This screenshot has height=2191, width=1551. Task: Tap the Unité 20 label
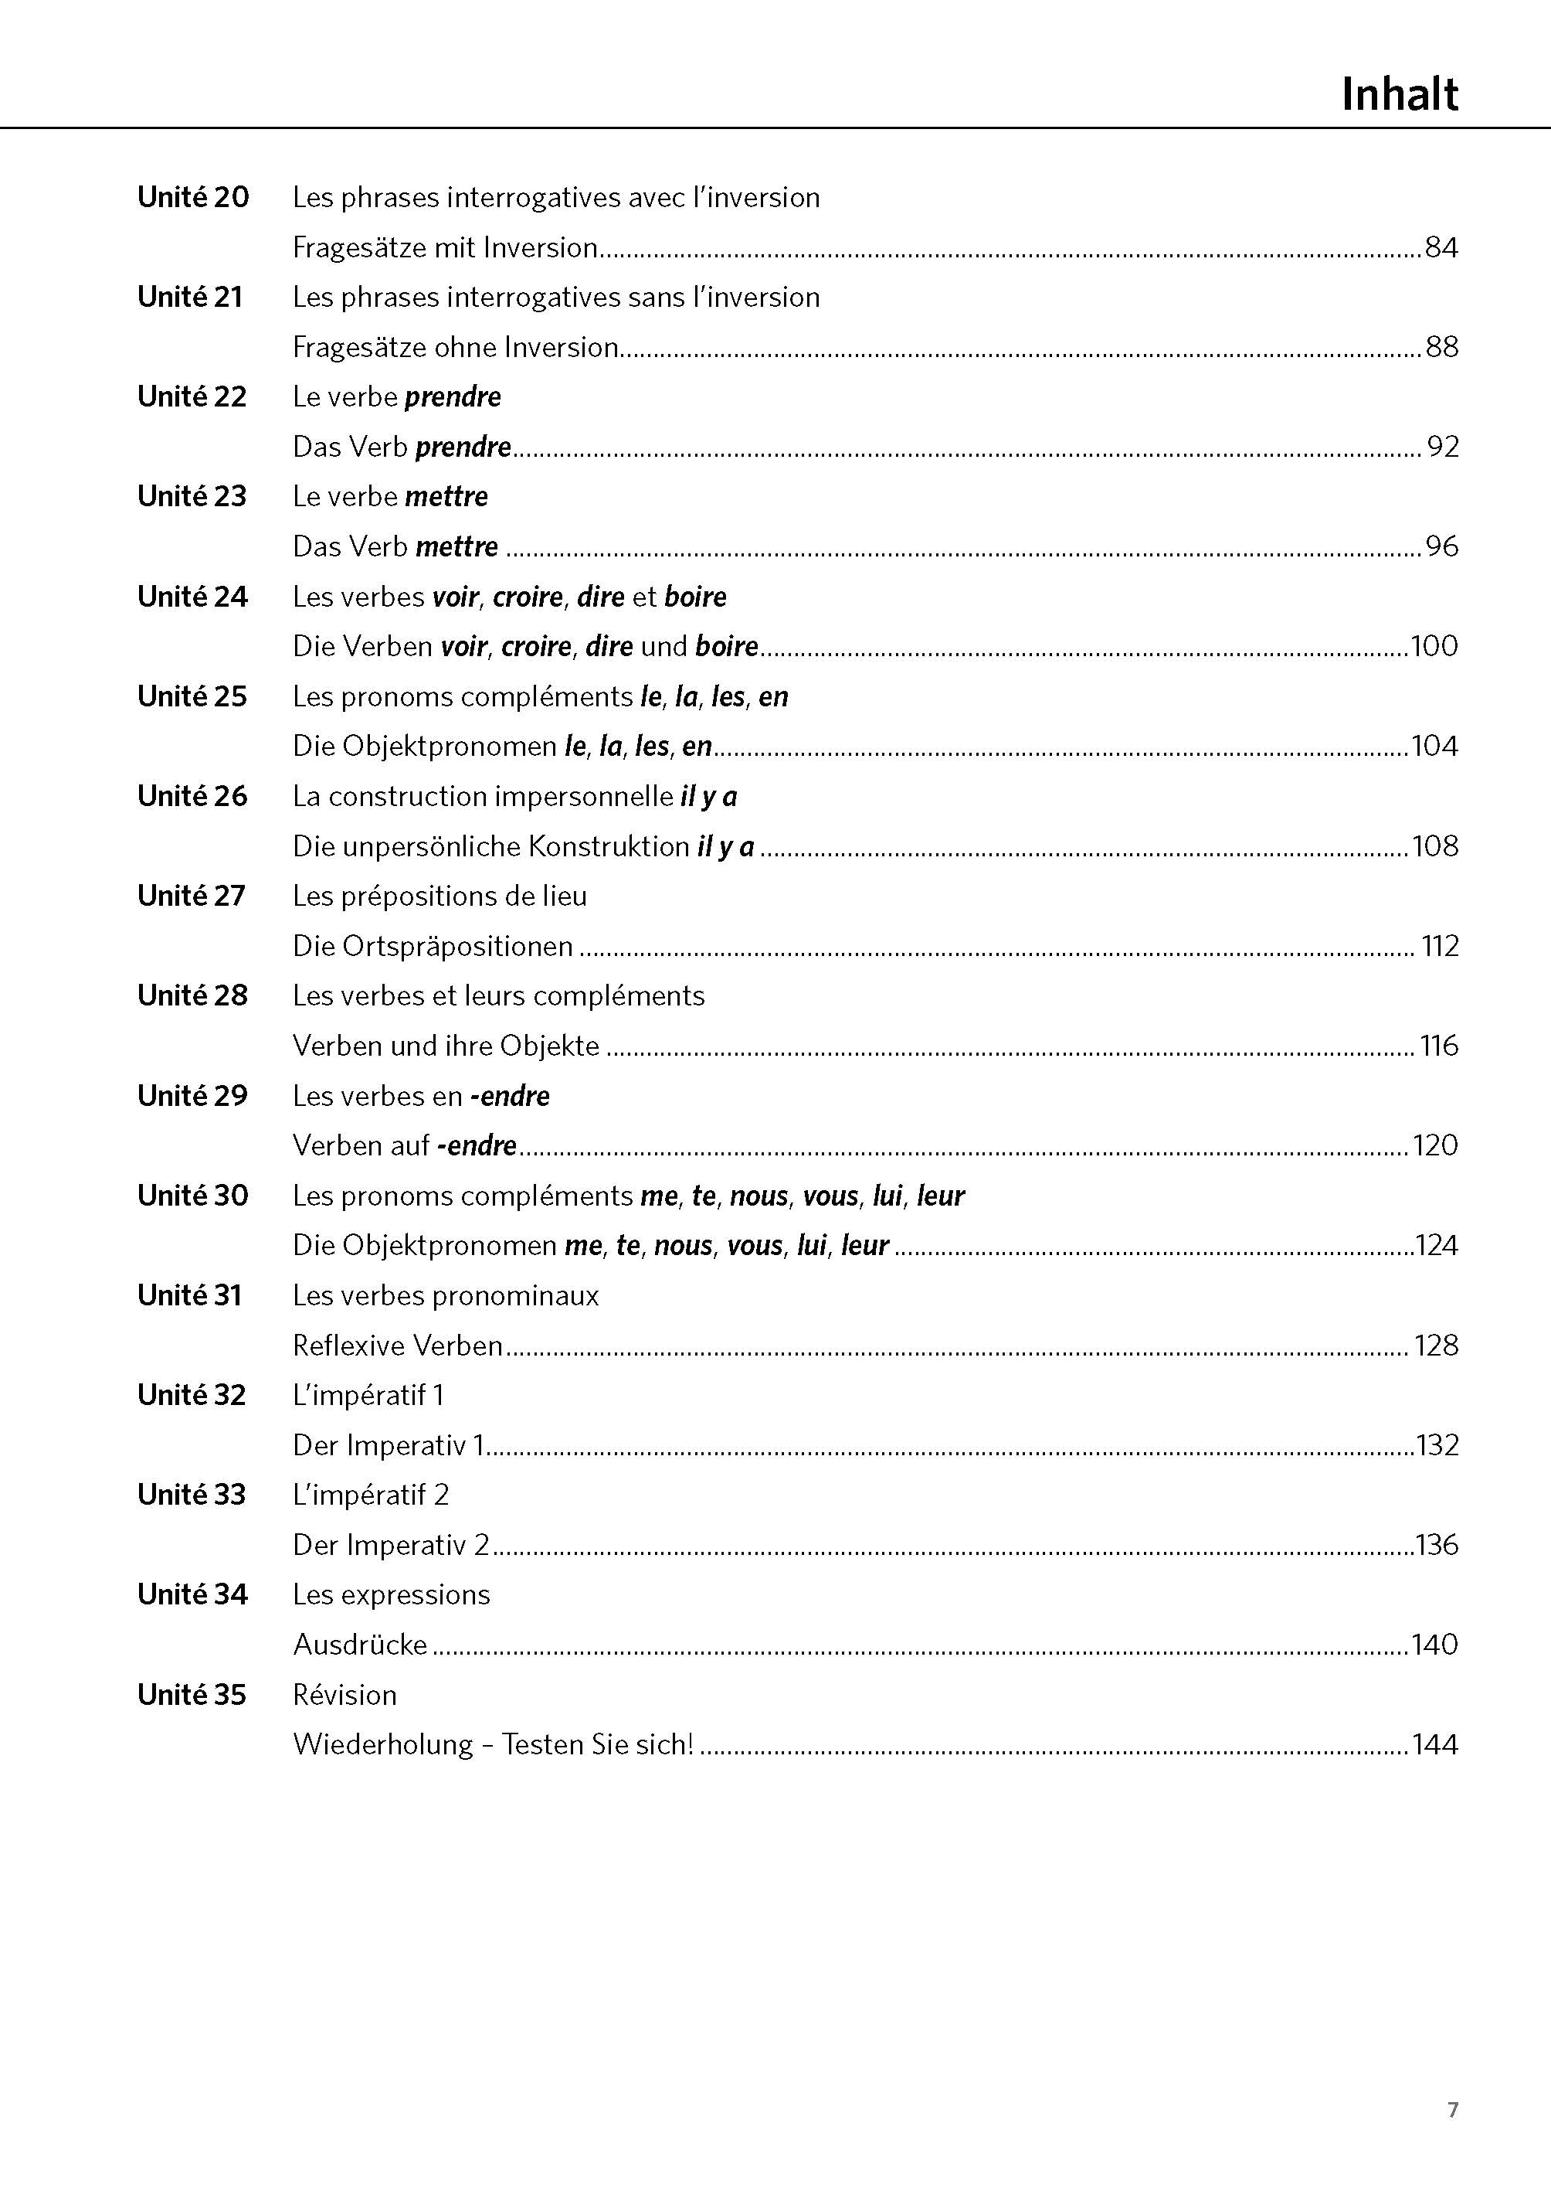click(193, 197)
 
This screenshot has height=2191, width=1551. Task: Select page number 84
click(1441, 247)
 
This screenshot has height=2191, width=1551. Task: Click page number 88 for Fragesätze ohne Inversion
click(1441, 347)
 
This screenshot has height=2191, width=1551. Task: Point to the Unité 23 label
click(192, 496)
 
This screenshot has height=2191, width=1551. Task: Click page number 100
click(1434, 646)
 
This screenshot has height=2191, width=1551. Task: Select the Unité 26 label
click(192, 796)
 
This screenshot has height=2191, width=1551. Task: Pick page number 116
click(1438, 1046)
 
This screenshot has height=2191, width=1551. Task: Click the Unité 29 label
click(192, 1095)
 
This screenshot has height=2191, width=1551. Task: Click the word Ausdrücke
click(360, 1645)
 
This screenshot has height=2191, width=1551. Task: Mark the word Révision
click(344, 1695)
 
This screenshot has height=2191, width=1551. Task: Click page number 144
click(1434, 1745)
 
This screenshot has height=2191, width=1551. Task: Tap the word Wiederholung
click(383, 1745)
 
